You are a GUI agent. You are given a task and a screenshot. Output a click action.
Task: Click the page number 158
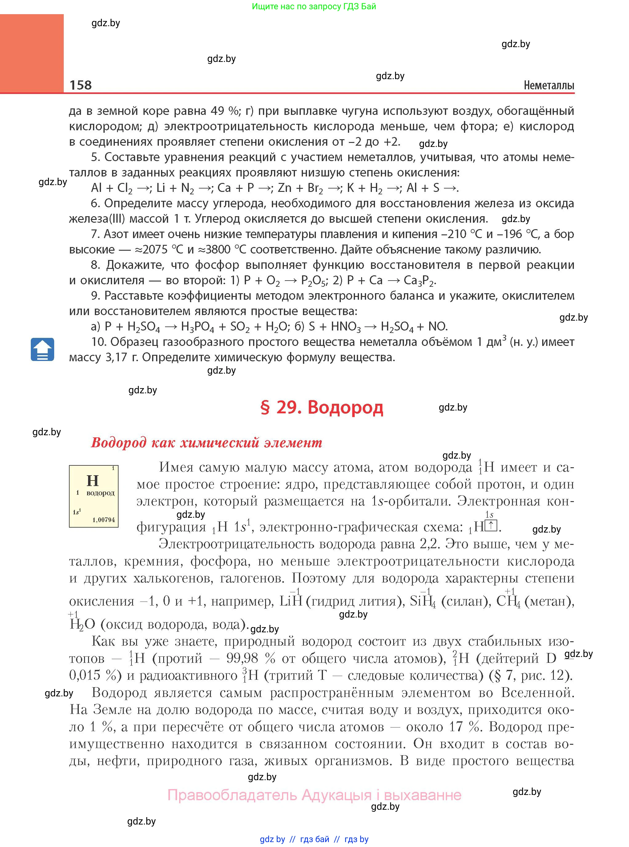(80, 85)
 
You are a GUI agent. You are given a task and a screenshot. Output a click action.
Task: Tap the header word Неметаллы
(549, 85)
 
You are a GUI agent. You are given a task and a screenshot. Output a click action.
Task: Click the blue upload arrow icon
(42, 349)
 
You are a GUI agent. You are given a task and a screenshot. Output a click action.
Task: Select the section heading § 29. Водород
(321, 407)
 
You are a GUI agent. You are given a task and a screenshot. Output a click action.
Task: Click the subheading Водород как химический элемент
(207, 443)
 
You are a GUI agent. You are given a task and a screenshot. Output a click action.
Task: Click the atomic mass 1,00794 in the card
(103, 520)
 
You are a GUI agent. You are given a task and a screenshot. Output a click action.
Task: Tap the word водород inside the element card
(100, 493)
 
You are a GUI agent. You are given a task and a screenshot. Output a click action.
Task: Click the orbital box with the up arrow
(491, 526)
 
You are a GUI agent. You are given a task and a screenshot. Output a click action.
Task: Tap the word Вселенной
(538, 692)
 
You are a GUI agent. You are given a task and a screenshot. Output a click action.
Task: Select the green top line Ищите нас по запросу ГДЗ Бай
(314, 6)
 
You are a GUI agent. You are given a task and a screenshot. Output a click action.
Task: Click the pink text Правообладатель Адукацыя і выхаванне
(314, 795)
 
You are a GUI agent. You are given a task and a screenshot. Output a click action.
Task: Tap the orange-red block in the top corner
(32, 53)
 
